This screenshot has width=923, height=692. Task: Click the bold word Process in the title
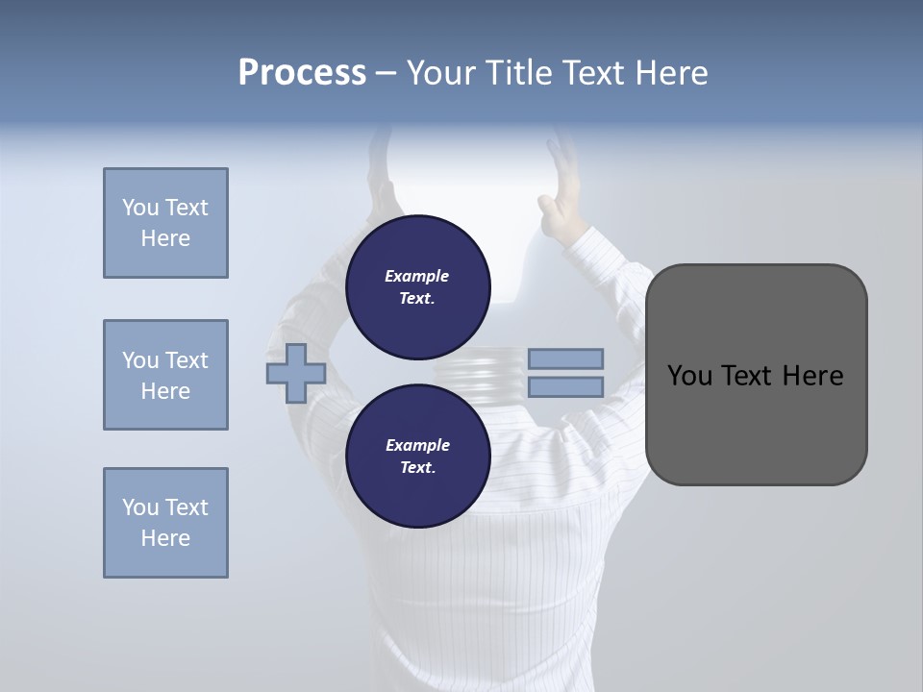[x=302, y=73]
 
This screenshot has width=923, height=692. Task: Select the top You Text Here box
[x=165, y=223]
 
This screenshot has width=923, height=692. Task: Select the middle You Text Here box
[x=165, y=375]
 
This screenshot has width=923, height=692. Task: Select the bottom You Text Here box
[x=165, y=523]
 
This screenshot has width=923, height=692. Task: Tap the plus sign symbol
[x=296, y=373]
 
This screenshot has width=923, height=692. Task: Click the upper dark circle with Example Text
[x=417, y=287]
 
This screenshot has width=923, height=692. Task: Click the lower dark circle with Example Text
[x=417, y=457]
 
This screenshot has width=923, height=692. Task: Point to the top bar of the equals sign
[x=565, y=358]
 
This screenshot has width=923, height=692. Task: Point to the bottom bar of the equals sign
[x=565, y=387]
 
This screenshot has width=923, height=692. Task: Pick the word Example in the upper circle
[x=417, y=276]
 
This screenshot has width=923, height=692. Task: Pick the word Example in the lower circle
[x=417, y=445]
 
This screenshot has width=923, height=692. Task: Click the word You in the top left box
[x=140, y=208]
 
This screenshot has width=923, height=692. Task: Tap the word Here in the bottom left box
[x=165, y=538]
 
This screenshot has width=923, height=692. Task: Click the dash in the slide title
[x=387, y=73]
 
